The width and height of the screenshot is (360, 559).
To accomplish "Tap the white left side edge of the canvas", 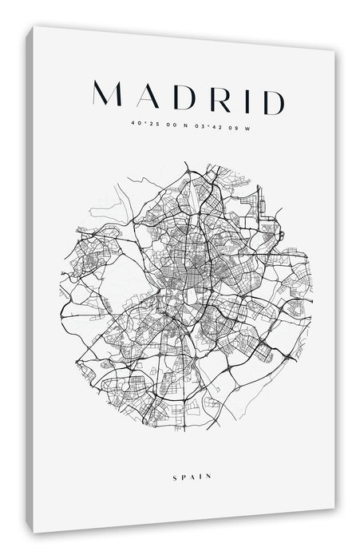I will coord(30,279).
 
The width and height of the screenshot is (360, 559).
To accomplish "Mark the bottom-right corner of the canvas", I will coord(334,509).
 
